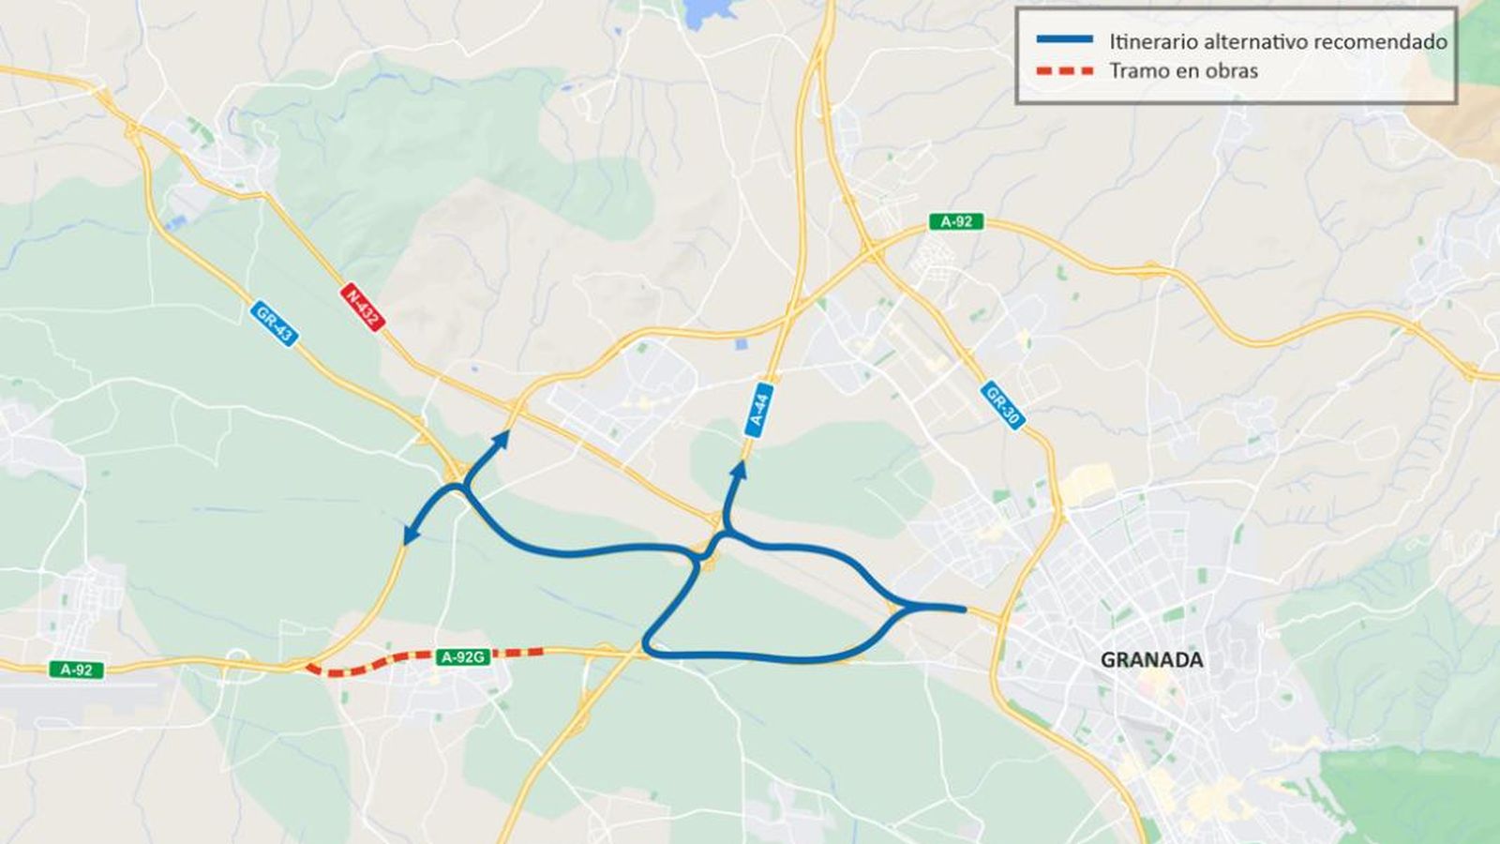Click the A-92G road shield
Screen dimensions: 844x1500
tap(462, 657)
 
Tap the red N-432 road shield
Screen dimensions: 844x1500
tap(362, 307)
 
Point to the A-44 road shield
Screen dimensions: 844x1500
tap(758, 409)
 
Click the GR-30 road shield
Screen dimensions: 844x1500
tap(1002, 405)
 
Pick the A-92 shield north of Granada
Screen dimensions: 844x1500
tap(956, 222)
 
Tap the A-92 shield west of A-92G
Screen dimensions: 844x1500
tap(76, 670)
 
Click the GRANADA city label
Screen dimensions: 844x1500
tap(1151, 660)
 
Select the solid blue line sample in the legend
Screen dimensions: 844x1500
tap(1064, 39)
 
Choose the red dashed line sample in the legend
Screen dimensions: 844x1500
tap(1064, 71)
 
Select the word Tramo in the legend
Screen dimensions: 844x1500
tap(1137, 71)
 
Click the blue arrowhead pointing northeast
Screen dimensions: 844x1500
tap(501, 439)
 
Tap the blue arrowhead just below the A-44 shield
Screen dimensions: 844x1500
tap(740, 469)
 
